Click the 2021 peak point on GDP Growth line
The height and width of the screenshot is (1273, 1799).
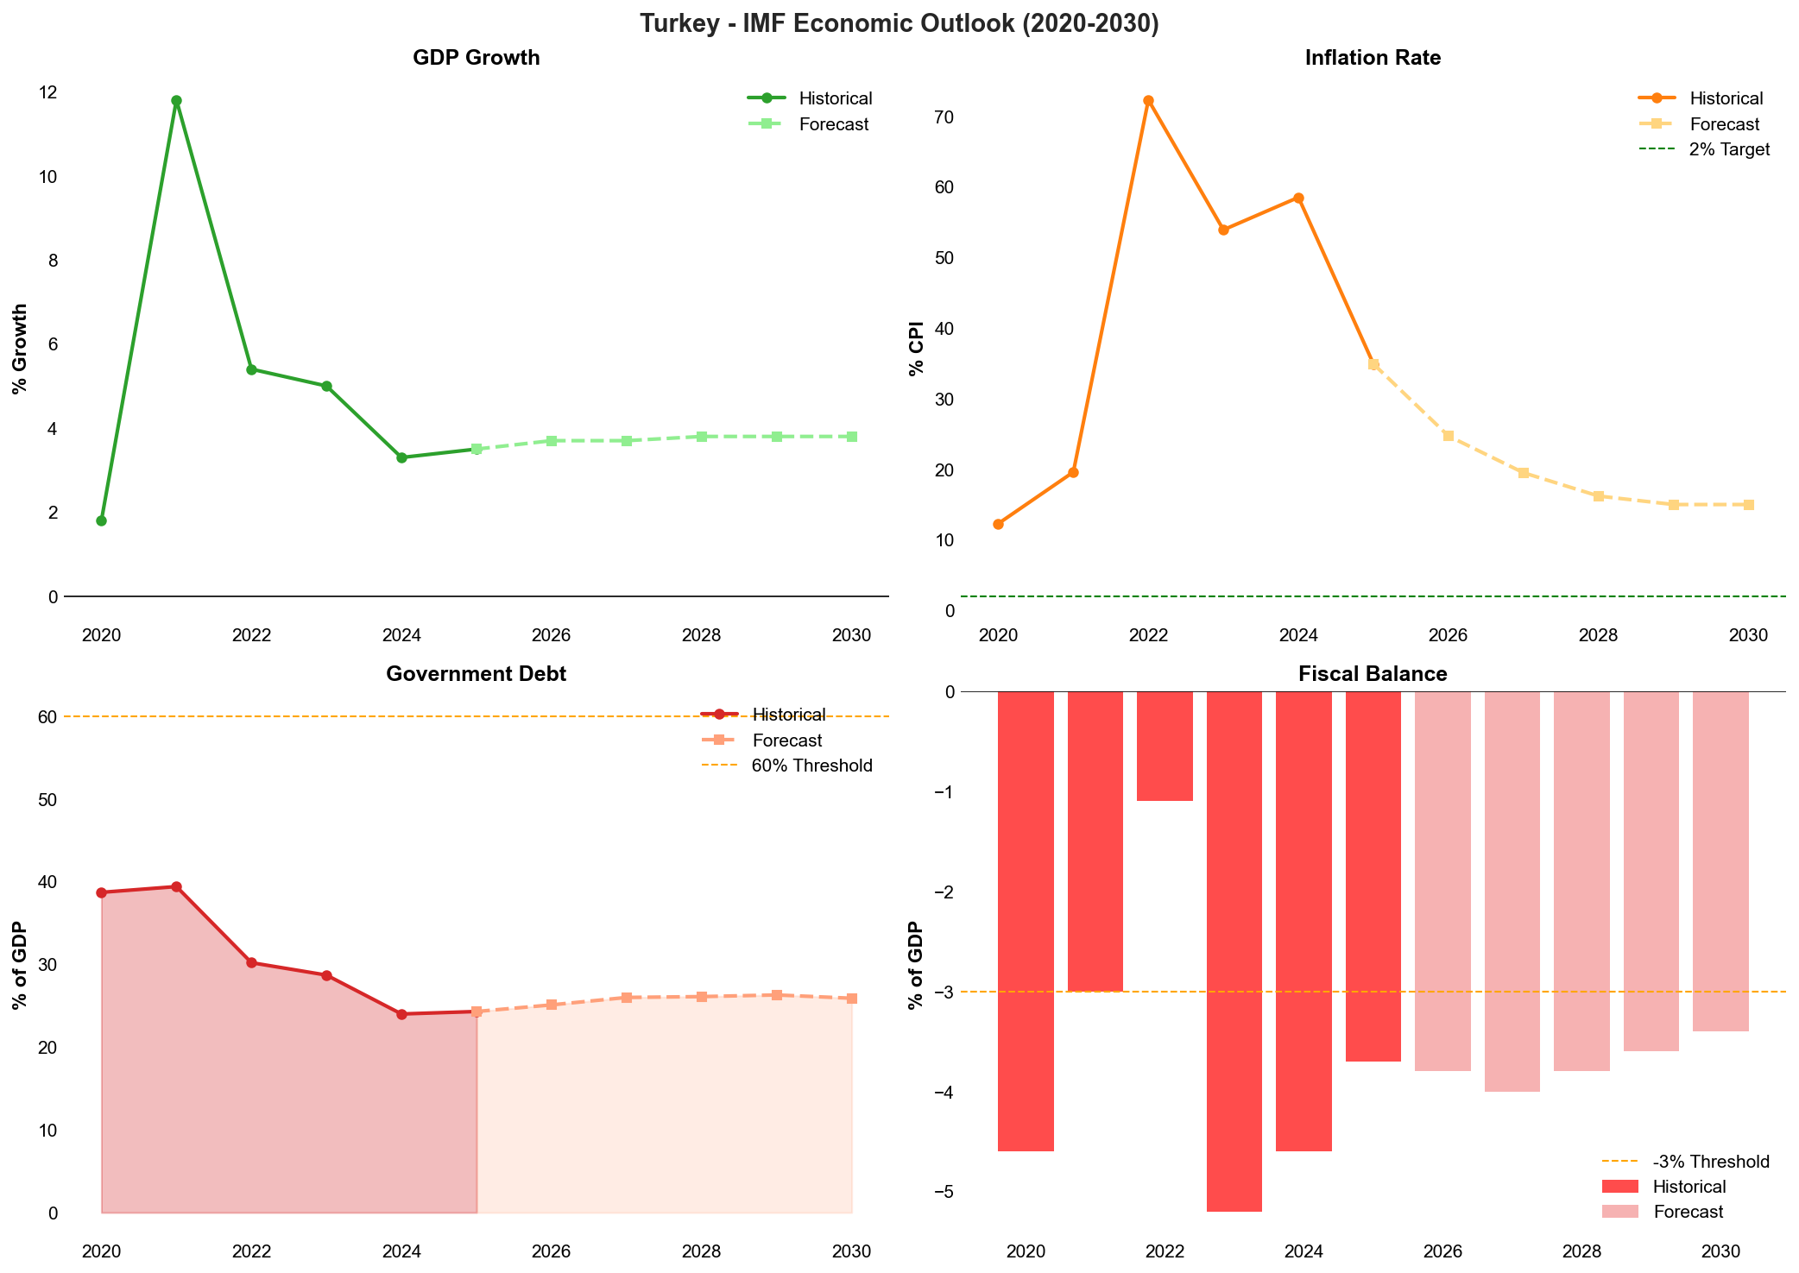coord(176,101)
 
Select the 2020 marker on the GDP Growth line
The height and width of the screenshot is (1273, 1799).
coord(101,520)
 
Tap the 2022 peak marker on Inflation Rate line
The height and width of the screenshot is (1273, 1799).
coord(1148,101)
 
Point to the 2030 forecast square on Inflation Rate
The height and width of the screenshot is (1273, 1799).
coord(1748,505)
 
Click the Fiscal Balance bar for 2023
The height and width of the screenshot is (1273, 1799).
coord(1234,949)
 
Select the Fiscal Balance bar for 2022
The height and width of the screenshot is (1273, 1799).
coord(1165,746)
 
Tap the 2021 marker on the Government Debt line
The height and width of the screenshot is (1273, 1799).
coord(176,887)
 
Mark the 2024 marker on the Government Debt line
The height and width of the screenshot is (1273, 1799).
coord(401,1014)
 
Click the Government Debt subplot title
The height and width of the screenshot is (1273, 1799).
coord(476,674)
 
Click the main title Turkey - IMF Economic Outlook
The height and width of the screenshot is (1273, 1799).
coord(899,23)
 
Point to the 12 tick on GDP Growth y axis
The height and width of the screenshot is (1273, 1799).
coord(48,92)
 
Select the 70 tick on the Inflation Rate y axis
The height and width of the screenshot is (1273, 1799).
coord(944,117)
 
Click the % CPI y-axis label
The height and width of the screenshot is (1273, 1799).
coord(916,349)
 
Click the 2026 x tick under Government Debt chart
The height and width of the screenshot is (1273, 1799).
coord(551,1251)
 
